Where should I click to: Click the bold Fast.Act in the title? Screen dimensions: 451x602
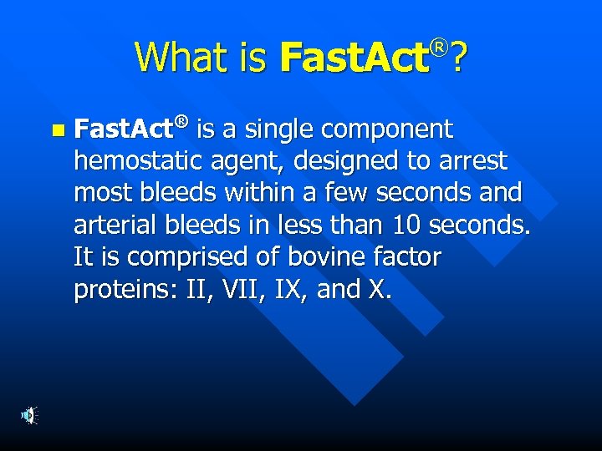point(354,58)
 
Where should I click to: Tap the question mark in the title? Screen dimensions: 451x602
point(459,58)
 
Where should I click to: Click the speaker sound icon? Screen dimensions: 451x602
point(29,414)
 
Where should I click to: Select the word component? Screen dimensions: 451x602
point(393,130)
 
